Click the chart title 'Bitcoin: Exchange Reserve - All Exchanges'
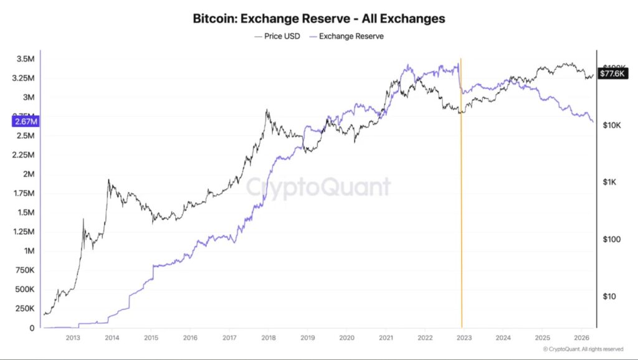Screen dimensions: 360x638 pos(319,19)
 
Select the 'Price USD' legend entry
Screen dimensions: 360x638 pos(277,36)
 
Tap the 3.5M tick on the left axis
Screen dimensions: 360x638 pos(26,59)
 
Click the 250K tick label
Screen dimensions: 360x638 pos(24,309)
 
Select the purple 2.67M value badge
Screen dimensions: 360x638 pos(25,121)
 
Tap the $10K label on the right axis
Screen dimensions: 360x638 pos(612,125)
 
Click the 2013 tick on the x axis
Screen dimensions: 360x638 pos(72,338)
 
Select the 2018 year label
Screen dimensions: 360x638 pos(268,338)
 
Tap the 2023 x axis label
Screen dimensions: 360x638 pos(464,338)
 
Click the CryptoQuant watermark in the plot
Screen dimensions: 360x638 pos(318,187)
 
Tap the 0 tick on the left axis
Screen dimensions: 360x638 pos(32,328)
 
